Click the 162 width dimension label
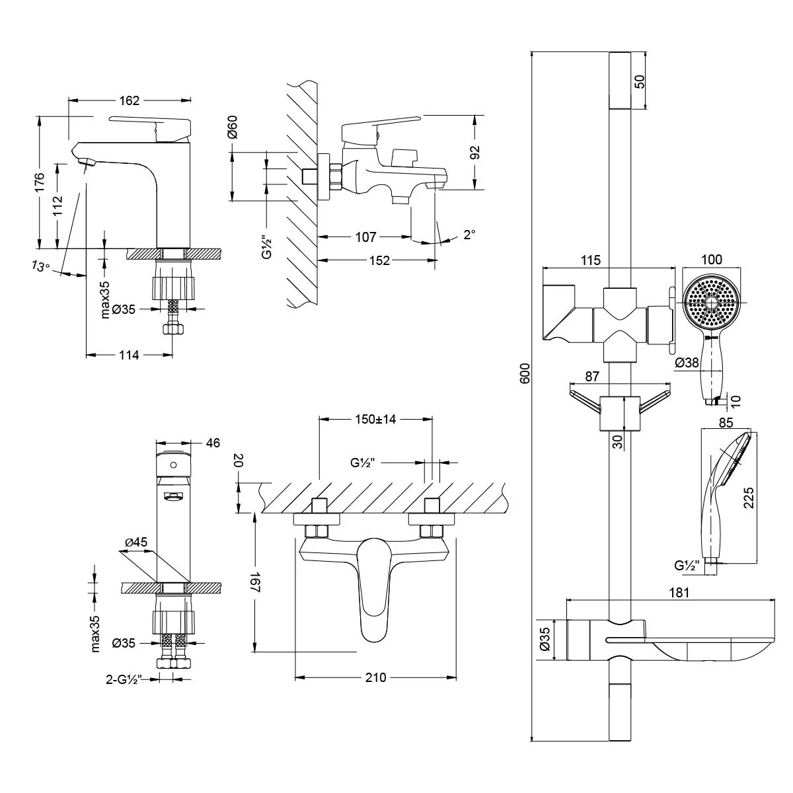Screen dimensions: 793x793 pos(130,100)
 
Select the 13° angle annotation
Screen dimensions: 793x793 pos(40,266)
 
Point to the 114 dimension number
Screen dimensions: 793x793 pos(129,355)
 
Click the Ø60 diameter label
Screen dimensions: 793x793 pos(233,126)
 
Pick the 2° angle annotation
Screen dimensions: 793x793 pos(469,235)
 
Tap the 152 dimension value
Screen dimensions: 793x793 pos(379,260)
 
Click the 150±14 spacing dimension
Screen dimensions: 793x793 pos(375,419)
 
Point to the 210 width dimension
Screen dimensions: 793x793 pos(375,677)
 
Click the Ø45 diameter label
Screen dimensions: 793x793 pos(136,543)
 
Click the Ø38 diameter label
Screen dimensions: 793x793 pos(687,362)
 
